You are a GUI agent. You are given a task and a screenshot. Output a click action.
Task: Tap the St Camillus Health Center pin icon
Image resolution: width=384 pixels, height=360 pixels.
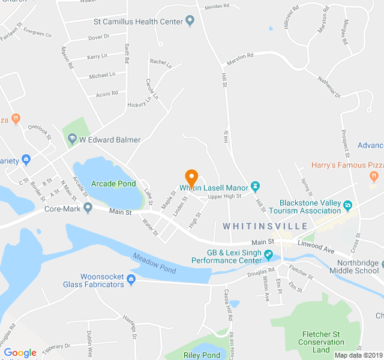tap(190, 22)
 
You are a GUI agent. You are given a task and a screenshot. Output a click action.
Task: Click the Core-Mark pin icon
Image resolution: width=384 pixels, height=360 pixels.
tap(88, 208)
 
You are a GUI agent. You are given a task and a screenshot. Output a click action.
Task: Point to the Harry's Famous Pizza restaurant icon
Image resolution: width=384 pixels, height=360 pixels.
tap(374, 176)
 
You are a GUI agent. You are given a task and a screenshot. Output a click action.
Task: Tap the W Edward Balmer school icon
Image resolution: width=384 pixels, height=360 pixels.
tap(71, 140)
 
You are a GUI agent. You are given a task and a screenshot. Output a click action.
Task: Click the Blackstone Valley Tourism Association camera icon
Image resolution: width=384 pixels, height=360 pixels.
tap(347, 206)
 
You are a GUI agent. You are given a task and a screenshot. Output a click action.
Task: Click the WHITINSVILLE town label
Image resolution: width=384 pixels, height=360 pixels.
tap(265, 226)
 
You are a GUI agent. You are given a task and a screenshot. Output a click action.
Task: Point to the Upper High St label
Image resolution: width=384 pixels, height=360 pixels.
tap(224, 196)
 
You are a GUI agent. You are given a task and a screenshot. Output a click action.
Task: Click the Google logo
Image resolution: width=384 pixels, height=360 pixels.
tap(20, 353)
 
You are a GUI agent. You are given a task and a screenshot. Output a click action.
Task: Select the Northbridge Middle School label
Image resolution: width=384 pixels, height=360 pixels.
tap(358, 267)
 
